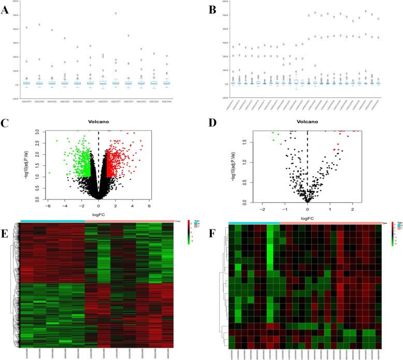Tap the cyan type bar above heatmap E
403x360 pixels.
[52, 221]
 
